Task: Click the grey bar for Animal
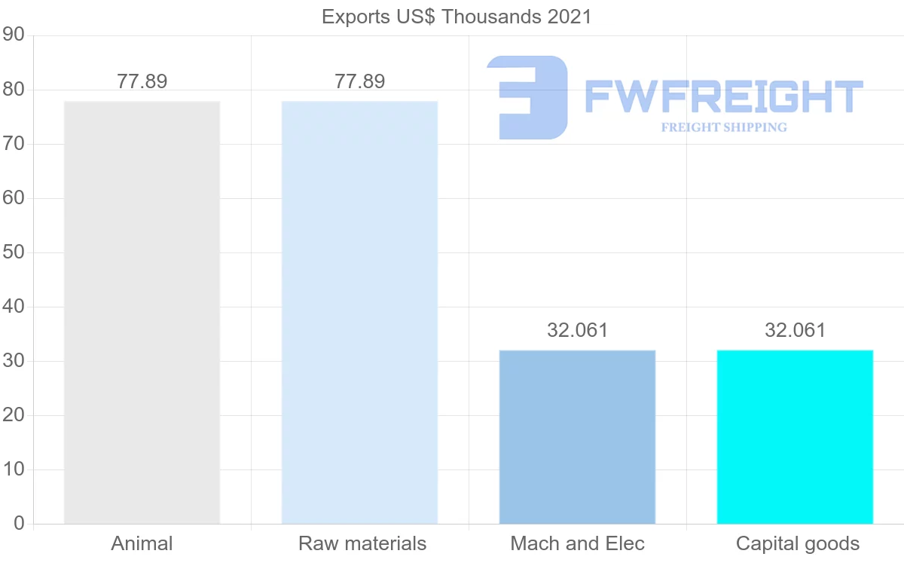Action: (142, 312)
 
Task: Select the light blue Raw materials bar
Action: (359, 312)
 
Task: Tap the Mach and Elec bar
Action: (577, 436)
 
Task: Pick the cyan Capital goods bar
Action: (795, 436)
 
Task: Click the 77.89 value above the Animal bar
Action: (142, 81)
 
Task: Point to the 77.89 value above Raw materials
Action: (359, 81)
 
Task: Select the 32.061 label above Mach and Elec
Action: (577, 330)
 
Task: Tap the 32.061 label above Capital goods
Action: (795, 330)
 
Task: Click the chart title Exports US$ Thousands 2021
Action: (457, 17)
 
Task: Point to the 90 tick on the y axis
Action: (14, 35)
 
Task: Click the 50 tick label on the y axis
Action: (14, 252)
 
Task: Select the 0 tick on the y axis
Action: (19, 524)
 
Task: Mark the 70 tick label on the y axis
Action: (14, 144)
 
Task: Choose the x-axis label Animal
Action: (142, 543)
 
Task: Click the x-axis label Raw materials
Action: (362, 543)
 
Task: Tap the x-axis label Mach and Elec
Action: (577, 543)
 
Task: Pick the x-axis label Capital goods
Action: (797, 543)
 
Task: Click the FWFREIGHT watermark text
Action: (723, 96)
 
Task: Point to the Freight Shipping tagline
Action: (723, 127)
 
